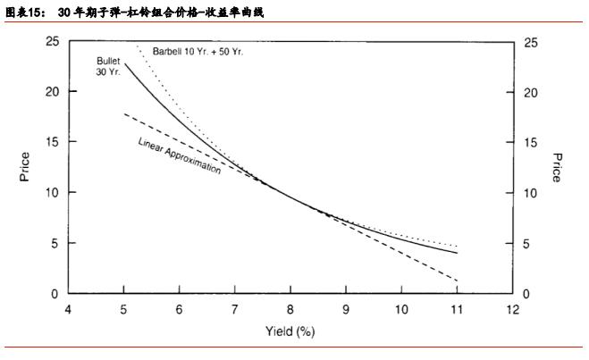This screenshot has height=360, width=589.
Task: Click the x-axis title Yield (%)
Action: [x=290, y=331]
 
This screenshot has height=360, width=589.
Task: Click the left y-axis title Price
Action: [x=25, y=167]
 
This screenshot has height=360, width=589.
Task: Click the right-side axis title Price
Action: [x=555, y=167]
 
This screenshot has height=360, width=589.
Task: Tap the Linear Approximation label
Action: [x=180, y=155]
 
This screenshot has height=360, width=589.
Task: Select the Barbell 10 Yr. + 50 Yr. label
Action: [x=198, y=52]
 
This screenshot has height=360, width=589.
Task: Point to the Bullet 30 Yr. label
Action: [x=108, y=65]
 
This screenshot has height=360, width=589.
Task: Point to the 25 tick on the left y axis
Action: [x=53, y=42]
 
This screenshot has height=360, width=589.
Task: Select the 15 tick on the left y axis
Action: [x=53, y=142]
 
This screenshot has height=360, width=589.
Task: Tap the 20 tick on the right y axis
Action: [x=529, y=93]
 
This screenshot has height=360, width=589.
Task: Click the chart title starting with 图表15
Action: [x=134, y=12]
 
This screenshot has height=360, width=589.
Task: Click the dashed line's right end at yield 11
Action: [x=457, y=281]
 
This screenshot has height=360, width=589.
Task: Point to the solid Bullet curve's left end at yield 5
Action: [x=124, y=63]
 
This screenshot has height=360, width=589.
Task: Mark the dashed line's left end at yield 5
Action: [x=124, y=113]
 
